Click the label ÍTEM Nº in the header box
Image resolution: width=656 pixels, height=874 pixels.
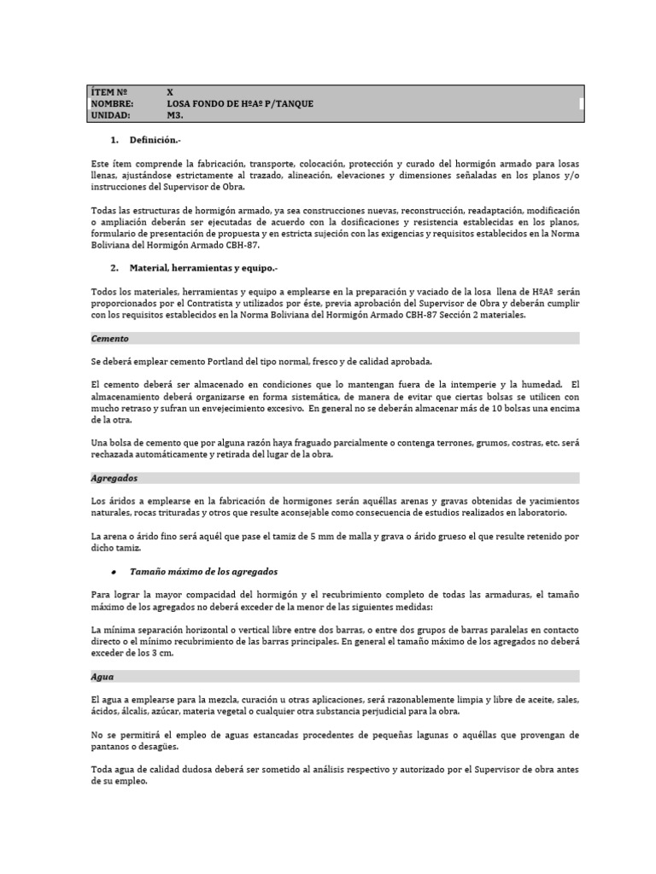(108, 91)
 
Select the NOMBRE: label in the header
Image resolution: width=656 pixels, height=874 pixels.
(112, 103)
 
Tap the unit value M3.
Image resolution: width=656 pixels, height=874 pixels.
(175, 114)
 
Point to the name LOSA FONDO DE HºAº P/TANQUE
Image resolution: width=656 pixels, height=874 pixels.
(240, 103)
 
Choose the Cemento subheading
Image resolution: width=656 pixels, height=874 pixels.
(110, 338)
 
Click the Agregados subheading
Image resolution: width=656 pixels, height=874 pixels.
(114, 478)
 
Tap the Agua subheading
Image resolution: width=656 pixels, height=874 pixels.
(102, 676)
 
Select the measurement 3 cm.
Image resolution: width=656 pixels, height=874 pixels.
(162, 653)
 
